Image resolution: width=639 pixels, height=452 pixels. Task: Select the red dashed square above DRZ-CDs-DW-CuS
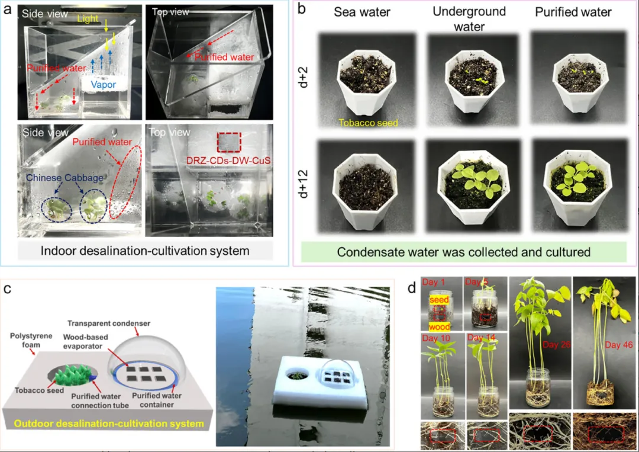pos(228,142)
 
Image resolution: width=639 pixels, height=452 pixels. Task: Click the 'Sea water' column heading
pos(362,12)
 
